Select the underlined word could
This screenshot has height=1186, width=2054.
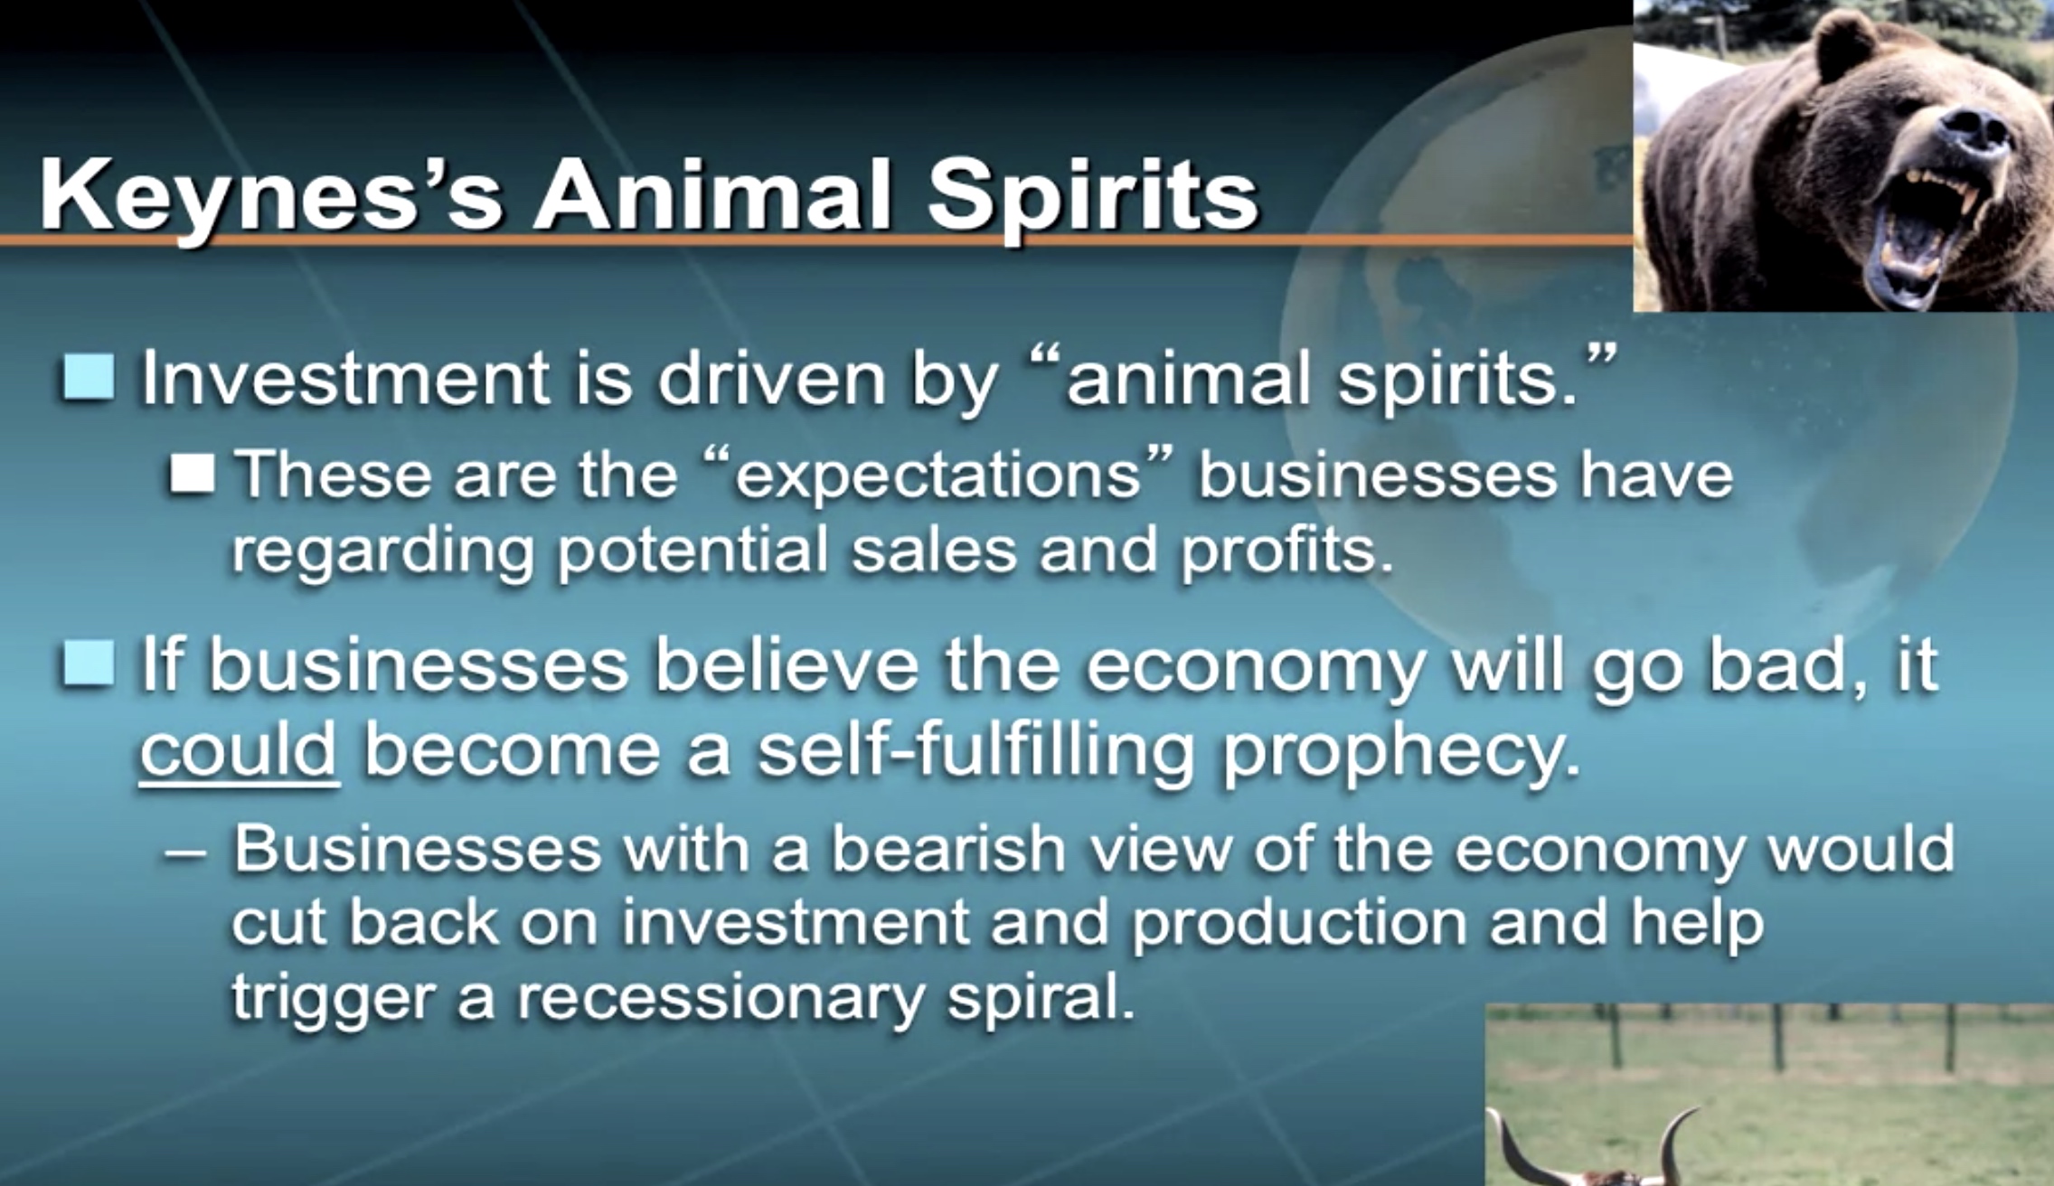click(239, 749)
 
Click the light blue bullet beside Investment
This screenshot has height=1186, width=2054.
click(89, 376)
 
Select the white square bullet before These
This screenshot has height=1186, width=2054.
click(192, 473)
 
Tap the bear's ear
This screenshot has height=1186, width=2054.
click(1831, 45)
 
